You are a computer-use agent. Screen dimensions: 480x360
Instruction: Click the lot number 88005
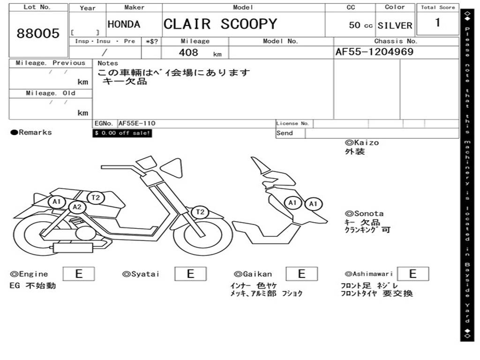(x=38, y=33)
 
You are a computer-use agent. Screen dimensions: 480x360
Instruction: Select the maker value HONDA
(x=124, y=24)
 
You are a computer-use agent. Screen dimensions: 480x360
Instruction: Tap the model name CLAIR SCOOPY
(x=220, y=24)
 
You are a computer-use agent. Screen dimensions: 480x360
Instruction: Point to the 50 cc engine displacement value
(x=360, y=25)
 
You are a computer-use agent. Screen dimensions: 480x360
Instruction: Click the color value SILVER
(x=395, y=26)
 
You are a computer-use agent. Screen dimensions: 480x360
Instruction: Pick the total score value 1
(x=437, y=22)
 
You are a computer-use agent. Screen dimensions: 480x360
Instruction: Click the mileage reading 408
(x=188, y=52)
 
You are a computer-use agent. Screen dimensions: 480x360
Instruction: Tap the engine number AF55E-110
(x=137, y=123)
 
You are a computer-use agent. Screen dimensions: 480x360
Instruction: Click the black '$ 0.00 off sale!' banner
(x=122, y=133)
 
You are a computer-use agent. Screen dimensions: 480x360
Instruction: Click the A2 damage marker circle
(x=77, y=207)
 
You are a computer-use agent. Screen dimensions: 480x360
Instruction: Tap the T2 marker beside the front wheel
(x=200, y=212)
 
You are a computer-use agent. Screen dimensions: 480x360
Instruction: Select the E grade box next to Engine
(x=79, y=274)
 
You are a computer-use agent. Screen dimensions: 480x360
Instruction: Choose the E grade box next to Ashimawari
(x=412, y=274)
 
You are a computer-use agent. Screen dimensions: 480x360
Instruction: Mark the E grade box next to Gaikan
(x=301, y=274)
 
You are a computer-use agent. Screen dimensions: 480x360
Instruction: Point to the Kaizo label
(x=362, y=142)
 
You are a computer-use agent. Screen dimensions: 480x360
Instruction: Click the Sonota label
(x=364, y=214)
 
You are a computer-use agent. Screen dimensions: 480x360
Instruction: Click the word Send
(x=285, y=133)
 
